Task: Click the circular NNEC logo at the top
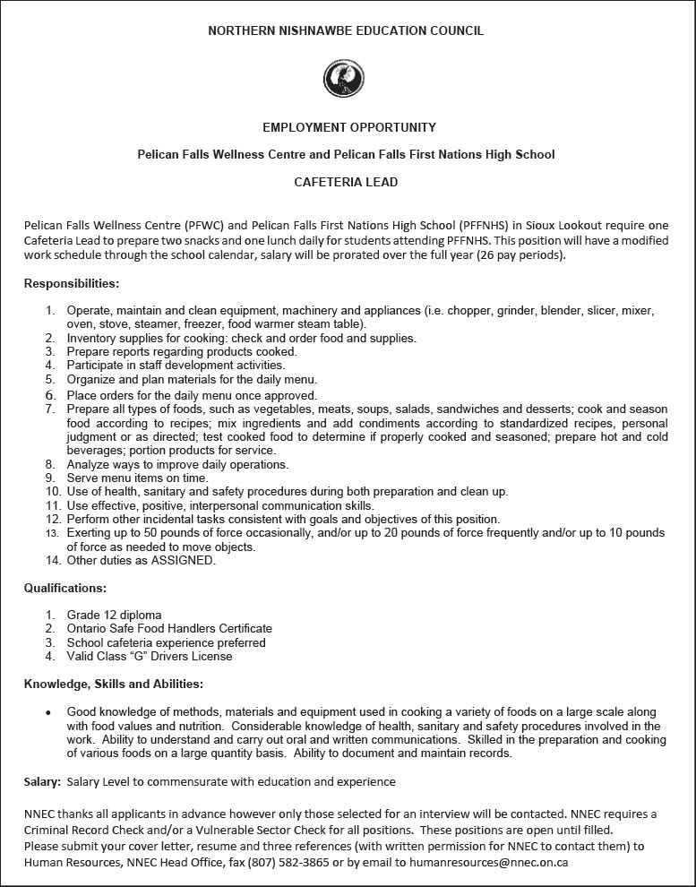[x=344, y=79]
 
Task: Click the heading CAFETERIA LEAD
[x=346, y=182]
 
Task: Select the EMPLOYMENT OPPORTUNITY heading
[x=349, y=127]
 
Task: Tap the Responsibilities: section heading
[x=72, y=284]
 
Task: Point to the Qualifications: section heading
[x=65, y=589]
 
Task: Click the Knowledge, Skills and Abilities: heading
[x=114, y=685]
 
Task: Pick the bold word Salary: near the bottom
[x=43, y=782]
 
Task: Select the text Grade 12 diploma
[x=115, y=615]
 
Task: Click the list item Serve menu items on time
[x=137, y=478]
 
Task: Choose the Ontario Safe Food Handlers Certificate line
[x=169, y=629]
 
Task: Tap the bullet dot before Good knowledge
[x=48, y=713]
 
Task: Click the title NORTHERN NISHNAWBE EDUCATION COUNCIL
[x=346, y=30]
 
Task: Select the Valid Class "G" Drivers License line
[x=150, y=657]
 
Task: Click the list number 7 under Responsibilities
[x=50, y=409]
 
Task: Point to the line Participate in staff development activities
[x=176, y=366]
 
